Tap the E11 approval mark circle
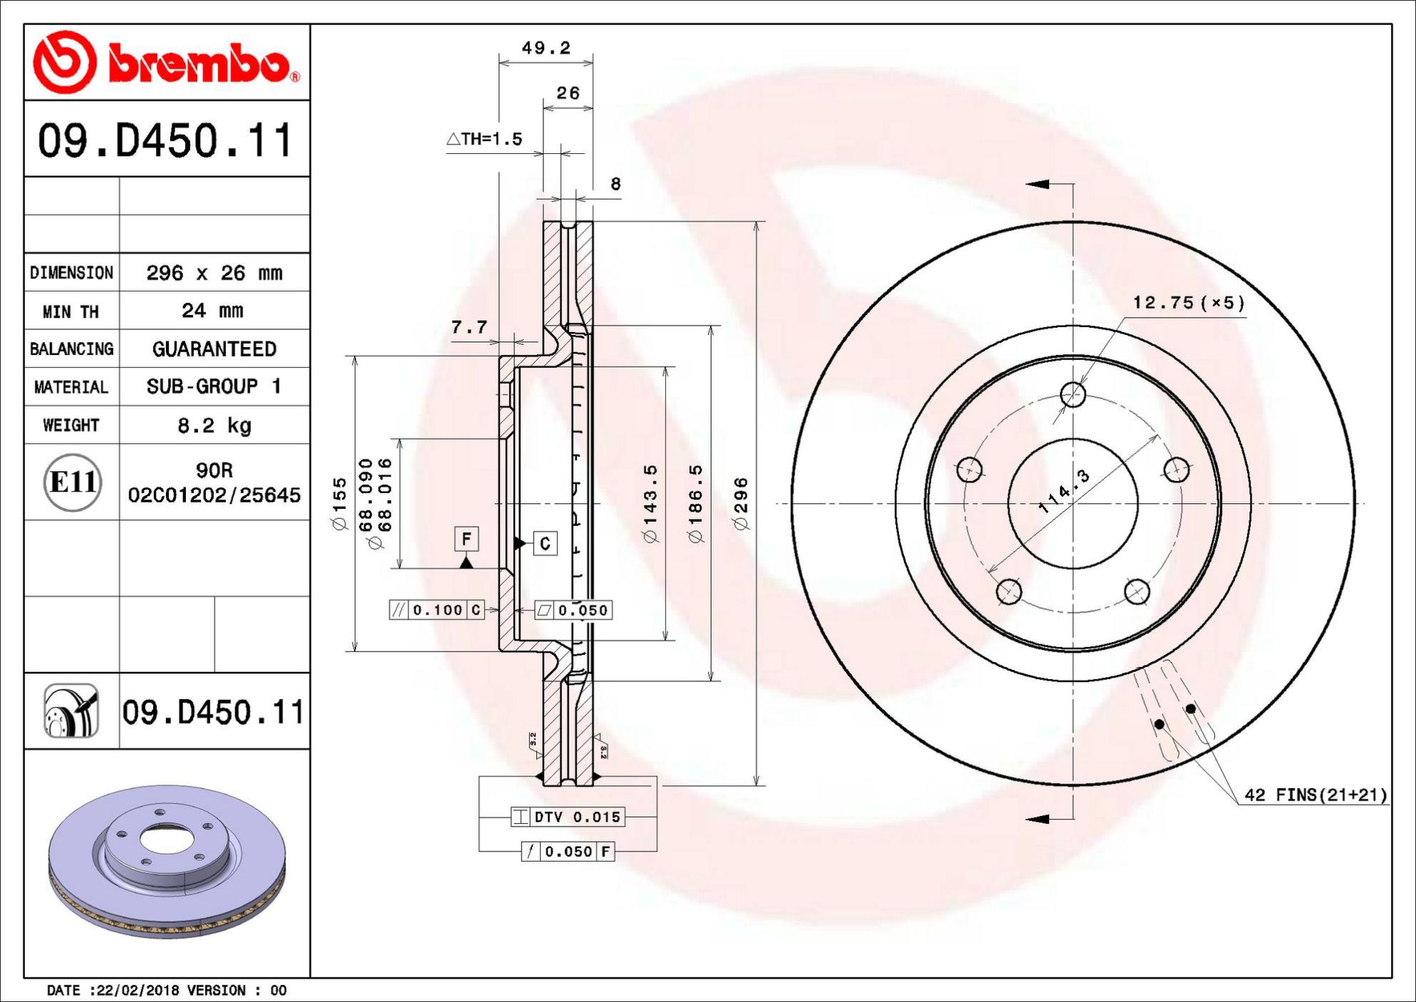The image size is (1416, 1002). tap(72, 482)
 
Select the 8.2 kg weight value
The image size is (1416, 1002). tap(215, 426)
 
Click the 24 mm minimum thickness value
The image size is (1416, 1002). tap(212, 311)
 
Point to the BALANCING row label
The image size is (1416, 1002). tap(72, 349)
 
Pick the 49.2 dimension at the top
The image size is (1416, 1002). tap(546, 48)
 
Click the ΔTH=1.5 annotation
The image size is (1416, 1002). tap(484, 139)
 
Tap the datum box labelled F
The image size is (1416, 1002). tap(466, 539)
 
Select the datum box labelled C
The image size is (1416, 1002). tap(545, 544)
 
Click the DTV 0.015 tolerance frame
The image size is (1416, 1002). tap(568, 817)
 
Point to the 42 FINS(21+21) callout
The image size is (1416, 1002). tap(1315, 795)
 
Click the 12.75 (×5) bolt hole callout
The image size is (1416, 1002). tap(1189, 303)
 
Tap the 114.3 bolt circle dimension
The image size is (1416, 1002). tap(1064, 491)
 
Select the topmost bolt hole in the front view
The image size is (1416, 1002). tap(1073, 394)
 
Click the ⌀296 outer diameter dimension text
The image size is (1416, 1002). tap(742, 503)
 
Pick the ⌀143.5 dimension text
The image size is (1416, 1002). tap(651, 503)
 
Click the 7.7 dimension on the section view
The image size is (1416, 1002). tap(469, 328)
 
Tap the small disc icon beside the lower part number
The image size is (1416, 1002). tap(72, 711)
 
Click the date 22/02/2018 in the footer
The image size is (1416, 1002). tap(136, 991)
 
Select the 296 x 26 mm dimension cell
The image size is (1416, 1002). tap(215, 273)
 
